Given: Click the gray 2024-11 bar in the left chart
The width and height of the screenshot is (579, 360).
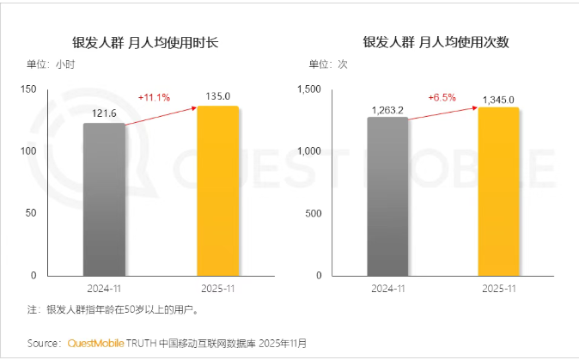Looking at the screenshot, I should [x=104, y=199].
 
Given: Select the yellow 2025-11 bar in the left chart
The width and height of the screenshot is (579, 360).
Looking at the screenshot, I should [x=217, y=191].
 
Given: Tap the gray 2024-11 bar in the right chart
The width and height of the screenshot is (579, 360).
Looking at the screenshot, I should [x=387, y=197].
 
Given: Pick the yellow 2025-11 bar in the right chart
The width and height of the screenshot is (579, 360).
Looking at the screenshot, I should [x=498, y=192].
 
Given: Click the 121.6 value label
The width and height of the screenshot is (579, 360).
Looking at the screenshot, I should [x=104, y=112].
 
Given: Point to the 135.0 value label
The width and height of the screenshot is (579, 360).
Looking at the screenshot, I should [x=217, y=95].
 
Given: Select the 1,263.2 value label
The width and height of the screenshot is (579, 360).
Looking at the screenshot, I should [x=388, y=109].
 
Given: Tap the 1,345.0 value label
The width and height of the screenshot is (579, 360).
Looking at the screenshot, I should [x=499, y=100].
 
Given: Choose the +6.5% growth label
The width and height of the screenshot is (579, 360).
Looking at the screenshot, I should [x=442, y=97].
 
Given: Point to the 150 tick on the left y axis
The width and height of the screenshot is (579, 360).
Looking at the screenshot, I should [x=27, y=89].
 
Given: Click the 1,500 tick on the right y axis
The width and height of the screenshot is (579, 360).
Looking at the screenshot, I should [x=308, y=89].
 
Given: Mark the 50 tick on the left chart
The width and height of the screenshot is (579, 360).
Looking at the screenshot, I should [x=31, y=213].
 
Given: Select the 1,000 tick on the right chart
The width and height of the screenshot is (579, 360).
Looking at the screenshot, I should [x=308, y=151].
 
